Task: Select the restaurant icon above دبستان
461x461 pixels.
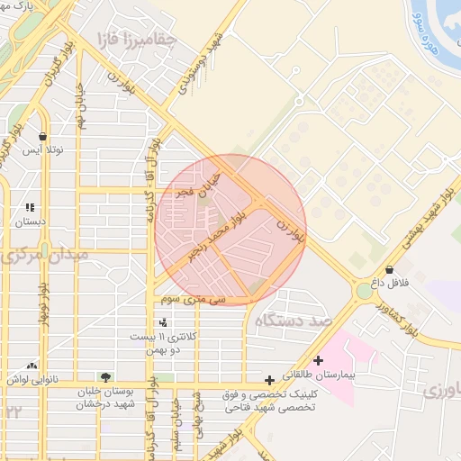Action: click(30, 206)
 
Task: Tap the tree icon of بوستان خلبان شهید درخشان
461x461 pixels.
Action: click(106, 378)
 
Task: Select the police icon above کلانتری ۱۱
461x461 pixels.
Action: click(163, 321)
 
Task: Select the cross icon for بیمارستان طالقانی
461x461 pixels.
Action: click(318, 360)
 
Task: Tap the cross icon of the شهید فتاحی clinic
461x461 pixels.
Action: click(270, 380)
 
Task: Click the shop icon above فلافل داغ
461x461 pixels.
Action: click(389, 269)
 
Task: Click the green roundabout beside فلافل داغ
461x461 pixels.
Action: click(365, 291)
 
